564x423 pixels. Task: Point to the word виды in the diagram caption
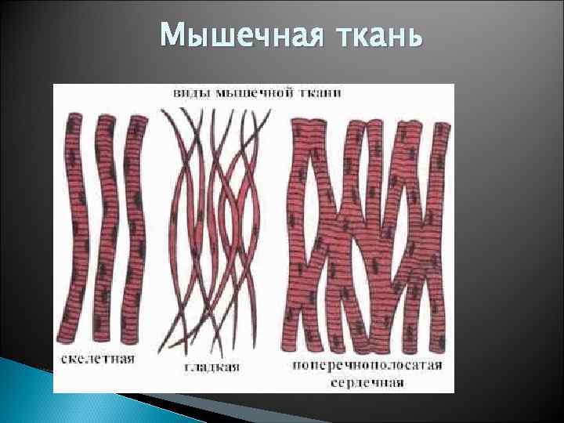pos(190,93)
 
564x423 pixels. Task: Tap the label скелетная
pos(98,360)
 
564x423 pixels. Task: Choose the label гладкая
pos(211,367)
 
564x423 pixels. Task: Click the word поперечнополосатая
pos(367,365)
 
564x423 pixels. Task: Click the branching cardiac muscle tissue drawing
pos(368,235)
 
